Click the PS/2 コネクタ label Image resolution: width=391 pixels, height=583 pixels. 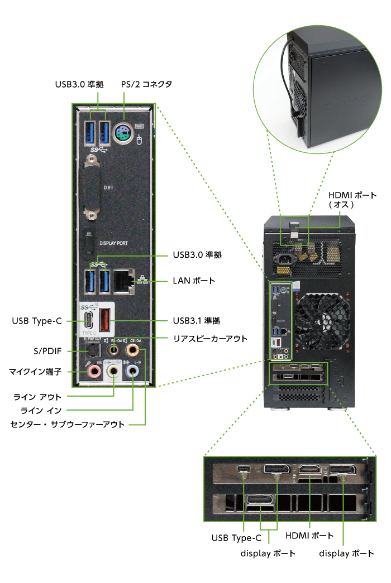pos(146,84)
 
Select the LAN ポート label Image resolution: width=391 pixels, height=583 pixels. pos(193,281)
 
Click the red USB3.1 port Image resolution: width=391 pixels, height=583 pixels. pos(104,322)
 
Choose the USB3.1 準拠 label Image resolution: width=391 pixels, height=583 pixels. pos(196,321)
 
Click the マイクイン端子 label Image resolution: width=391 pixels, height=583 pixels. pos(34,370)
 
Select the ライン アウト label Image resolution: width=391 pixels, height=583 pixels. pos(37,397)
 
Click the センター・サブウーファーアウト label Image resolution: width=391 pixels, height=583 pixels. pos(67,424)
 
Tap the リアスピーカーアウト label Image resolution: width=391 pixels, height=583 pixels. pos(209,338)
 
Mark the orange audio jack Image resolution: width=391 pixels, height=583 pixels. pos(133,350)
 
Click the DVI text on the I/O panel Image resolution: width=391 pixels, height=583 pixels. pos(108,188)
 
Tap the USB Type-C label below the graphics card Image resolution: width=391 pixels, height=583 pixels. pos(236,538)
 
